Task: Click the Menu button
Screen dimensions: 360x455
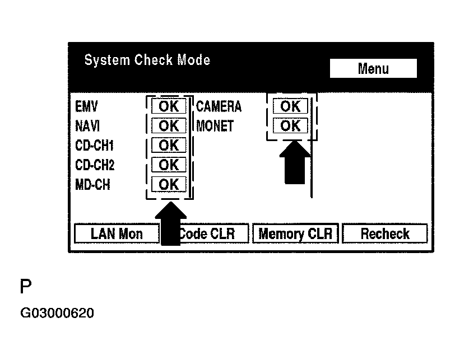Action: coord(373,69)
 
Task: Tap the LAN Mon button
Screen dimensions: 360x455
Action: coord(117,233)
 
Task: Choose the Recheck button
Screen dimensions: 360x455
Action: coord(384,233)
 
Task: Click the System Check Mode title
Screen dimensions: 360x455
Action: coord(147,60)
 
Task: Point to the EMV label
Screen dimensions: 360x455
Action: coord(86,106)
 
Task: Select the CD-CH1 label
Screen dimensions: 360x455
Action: coord(95,146)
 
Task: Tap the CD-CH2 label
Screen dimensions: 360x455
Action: coord(95,165)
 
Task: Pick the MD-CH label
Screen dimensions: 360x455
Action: coord(92,185)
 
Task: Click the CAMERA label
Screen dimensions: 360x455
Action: coord(219,106)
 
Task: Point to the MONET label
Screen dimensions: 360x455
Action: coord(215,126)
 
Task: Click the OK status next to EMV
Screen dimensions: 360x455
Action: coord(169,106)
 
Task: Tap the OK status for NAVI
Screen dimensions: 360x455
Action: coord(169,126)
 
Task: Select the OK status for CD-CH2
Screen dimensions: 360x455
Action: coord(169,165)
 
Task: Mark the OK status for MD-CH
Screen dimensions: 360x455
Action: coord(169,184)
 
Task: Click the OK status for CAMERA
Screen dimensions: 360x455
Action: coord(290,106)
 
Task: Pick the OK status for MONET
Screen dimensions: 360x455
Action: coord(290,125)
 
